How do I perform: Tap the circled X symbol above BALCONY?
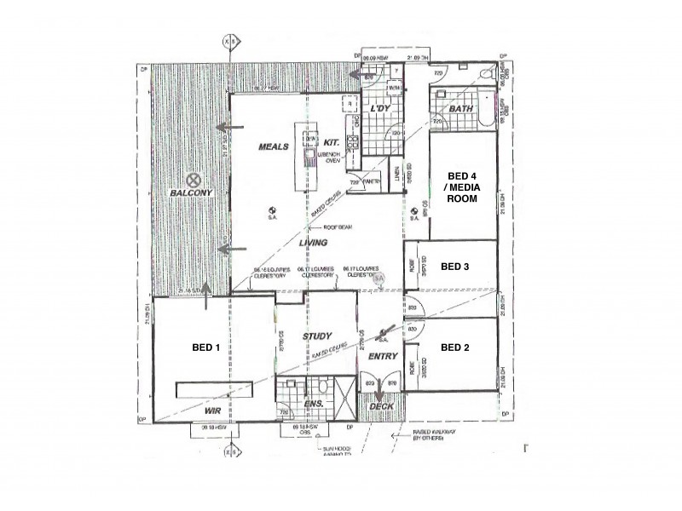(194, 180)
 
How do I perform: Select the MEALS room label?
(274, 146)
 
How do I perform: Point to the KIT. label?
(333, 141)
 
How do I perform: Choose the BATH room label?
(461, 110)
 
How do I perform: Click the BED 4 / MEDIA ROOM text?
(463, 188)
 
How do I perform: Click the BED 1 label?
(206, 347)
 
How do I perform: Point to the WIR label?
(212, 410)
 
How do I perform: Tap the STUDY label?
(317, 337)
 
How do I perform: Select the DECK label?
(381, 407)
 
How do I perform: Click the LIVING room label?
(314, 244)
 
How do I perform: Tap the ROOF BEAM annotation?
(338, 227)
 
